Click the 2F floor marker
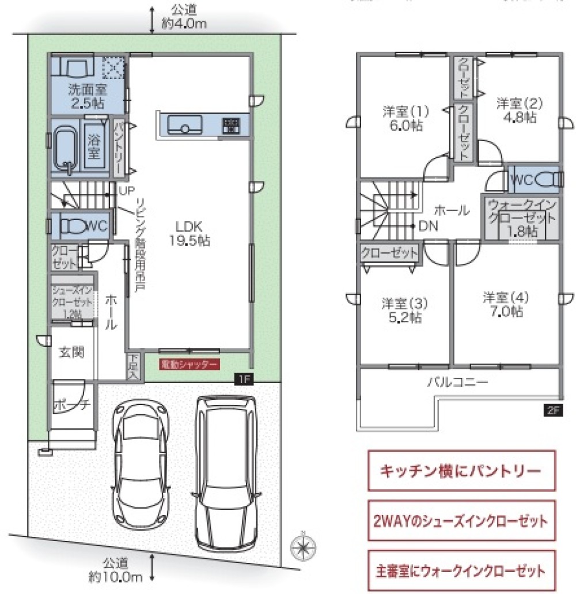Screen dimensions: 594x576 point(551,410)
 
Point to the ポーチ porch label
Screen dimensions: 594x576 point(71,405)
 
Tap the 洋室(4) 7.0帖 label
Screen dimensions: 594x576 point(505,305)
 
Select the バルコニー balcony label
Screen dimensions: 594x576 point(457,382)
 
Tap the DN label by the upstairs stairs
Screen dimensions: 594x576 point(427,226)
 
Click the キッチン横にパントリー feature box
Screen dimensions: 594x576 point(461,471)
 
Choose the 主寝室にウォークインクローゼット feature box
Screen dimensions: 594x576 point(461,572)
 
